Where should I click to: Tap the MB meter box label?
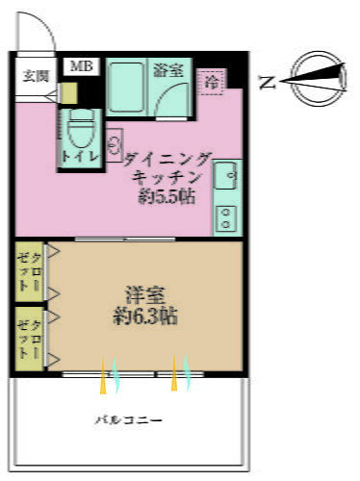(x=78, y=67)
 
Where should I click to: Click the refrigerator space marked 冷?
(x=212, y=84)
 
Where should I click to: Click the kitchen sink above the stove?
(x=227, y=178)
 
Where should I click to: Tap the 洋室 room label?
(x=142, y=292)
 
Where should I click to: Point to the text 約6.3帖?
(x=142, y=314)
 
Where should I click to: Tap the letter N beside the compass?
(x=266, y=84)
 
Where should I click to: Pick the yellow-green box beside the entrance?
(x=68, y=93)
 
